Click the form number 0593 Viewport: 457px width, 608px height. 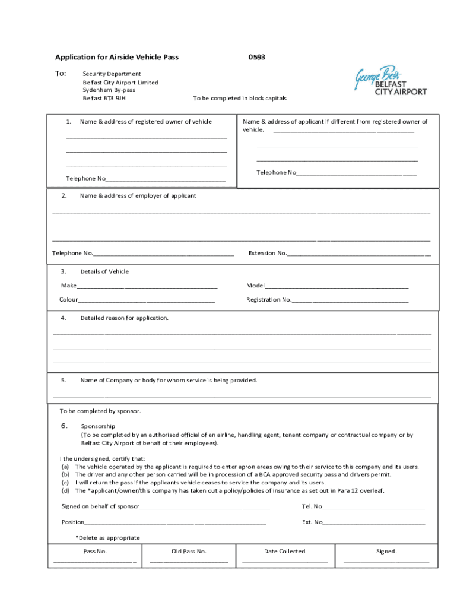pyautogui.click(x=256, y=58)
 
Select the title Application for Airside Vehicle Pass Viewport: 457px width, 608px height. pyautogui.click(x=117, y=58)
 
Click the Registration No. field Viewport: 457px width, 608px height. pyautogui.click(x=350, y=300)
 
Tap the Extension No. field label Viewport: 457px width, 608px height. pyautogui.click(x=268, y=254)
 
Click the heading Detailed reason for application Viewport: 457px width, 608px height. pyautogui.click(x=124, y=318)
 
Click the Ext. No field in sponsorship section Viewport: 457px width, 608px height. pyautogui.click(x=373, y=522)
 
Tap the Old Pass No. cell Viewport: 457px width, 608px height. pyautogui.click(x=189, y=556)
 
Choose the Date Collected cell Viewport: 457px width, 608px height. pyautogui.click(x=285, y=556)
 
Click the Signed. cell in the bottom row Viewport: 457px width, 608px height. pyautogui.click(x=386, y=556)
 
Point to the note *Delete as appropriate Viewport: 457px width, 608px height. pyautogui.click(x=107, y=538)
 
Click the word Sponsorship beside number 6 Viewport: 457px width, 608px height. pyautogui.click(x=98, y=426)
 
